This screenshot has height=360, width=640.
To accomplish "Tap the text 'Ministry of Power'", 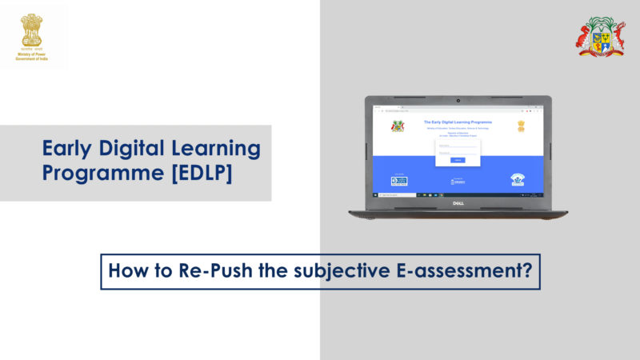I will (x=32, y=54).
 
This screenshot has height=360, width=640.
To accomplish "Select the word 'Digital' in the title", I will (x=134, y=148).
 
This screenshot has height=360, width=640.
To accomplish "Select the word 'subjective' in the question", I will (x=312, y=271).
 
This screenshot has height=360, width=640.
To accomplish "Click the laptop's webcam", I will (x=458, y=102).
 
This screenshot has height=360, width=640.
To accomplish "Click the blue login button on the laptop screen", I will (x=458, y=160).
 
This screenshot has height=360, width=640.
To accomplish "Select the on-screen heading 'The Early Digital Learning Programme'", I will (x=458, y=122).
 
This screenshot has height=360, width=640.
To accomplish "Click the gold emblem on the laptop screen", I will (x=521, y=126).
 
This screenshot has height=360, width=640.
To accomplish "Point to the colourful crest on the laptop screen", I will (x=398, y=126).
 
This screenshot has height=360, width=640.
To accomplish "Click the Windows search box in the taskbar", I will (x=393, y=194).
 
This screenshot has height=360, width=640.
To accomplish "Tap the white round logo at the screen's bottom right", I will (x=518, y=180).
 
